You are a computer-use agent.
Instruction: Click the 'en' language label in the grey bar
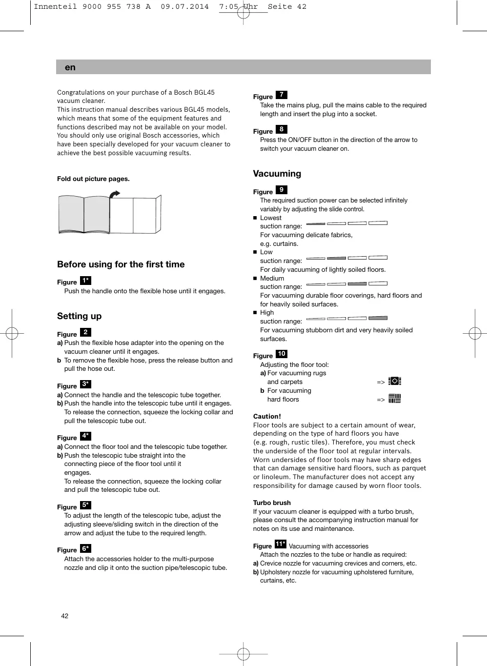70,67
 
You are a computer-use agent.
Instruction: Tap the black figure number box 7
282,95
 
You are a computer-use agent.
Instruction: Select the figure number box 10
282,354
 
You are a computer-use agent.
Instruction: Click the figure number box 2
85,332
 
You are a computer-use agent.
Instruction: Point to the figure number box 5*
85,505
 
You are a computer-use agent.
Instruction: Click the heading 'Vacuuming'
277,174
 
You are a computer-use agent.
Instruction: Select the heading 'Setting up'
79,316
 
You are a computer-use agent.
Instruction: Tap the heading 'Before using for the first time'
121,264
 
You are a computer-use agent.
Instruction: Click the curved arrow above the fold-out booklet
114,194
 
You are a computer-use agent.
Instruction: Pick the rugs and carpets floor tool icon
395,381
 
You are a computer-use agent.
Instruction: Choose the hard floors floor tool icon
395,399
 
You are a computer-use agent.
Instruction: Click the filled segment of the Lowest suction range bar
316,223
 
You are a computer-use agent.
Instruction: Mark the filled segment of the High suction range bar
378,318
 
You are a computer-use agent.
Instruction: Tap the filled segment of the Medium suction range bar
357,283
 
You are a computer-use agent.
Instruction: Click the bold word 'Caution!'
267,417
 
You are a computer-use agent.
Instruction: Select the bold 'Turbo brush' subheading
272,503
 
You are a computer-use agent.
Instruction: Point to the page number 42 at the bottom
65,616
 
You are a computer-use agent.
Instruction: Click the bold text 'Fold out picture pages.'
93,179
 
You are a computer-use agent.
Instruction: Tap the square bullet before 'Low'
255,252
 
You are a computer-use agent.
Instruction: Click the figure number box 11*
281,544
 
